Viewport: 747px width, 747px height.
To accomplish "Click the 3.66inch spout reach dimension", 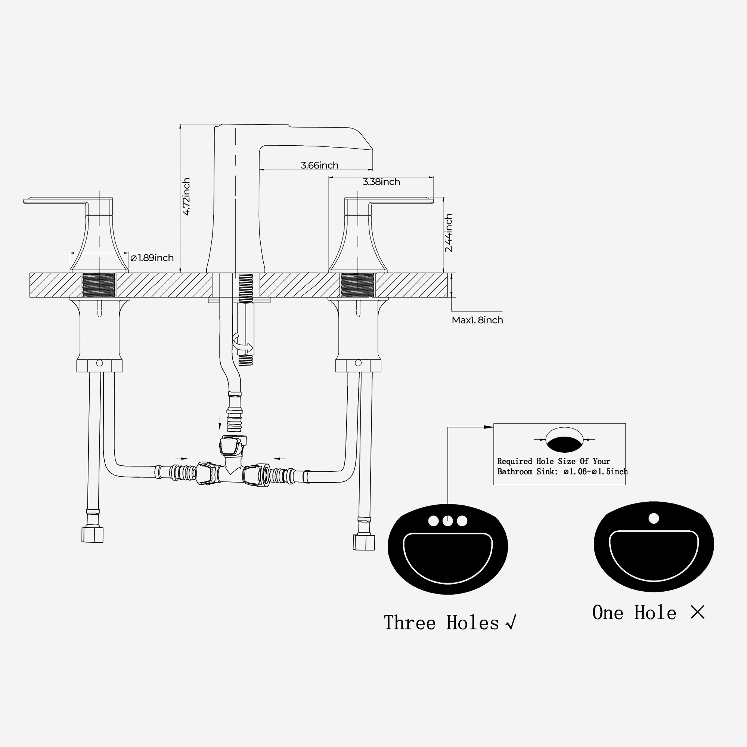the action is pyautogui.click(x=319, y=165).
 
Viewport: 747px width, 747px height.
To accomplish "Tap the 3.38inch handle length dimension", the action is pyautogui.click(x=381, y=182).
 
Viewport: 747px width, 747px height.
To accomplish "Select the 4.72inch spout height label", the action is pyautogui.click(x=186, y=196).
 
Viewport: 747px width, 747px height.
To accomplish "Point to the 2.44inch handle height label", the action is pyautogui.click(x=448, y=233).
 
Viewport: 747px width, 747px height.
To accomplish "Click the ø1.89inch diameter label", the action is pyautogui.click(x=152, y=258).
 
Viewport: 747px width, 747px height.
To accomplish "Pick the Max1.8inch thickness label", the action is pyautogui.click(x=477, y=320).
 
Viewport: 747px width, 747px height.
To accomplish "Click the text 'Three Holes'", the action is pyautogui.click(x=441, y=623).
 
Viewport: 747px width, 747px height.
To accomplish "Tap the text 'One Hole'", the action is pyautogui.click(x=634, y=613).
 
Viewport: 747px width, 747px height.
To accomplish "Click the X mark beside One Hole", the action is pyautogui.click(x=697, y=612).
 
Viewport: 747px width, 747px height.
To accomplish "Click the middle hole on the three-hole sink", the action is pyautogui.click(x=448, y=521).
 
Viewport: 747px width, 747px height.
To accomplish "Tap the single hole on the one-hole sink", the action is pyautogui.click(x=653, y=518).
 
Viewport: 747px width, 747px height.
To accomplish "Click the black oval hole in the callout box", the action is pyautogui.click(x=564, y=444).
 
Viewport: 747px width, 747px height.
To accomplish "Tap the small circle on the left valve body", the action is pyautogui.click(x=99, y=363).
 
